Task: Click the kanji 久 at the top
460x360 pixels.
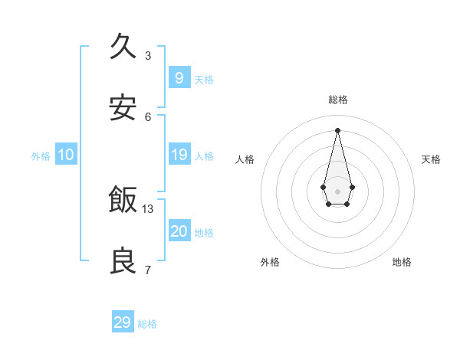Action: (x=123, y=47)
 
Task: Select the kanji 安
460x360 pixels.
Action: (x=123, y=108)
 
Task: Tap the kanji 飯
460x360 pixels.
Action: (x=123, y=201)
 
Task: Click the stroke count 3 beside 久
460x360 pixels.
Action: (x=148, y=55)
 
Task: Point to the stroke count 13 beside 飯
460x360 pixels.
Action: (x=148, y=208)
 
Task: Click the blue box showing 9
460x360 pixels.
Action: (x=179, y=77)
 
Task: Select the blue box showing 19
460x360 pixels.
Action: (x=179, y=155)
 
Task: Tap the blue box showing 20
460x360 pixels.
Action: (x=179, y=231)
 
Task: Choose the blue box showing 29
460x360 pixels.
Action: (x=123, y=322)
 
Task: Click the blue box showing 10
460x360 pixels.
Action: (x=66, y=155)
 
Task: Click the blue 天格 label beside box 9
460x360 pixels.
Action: (x=204, y=80)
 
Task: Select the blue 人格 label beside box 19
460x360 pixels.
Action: (x=204, y=156)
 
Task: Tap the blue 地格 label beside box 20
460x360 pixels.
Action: (x=204, y=233)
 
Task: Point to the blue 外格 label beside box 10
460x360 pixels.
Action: (x=41, y=156)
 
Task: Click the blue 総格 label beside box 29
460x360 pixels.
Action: (x=147, y=325)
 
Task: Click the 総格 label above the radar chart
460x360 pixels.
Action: (x=337, y=100)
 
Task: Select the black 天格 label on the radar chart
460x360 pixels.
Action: (x=431, y=159)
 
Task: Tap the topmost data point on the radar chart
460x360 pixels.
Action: (x=337, y=129)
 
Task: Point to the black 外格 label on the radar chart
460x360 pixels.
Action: (x=270, y=262)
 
